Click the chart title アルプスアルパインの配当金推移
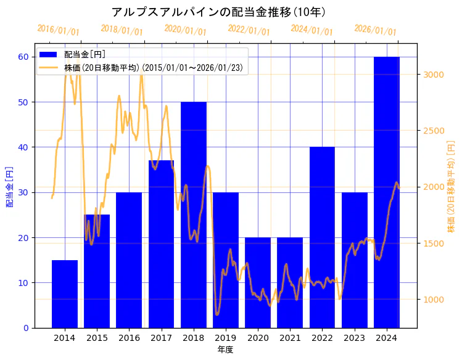219,12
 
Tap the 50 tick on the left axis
23,102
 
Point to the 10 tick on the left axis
23,283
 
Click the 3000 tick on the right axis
434,75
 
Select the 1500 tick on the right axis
434,243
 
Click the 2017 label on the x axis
161,338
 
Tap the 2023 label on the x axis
354,338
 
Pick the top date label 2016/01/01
58,30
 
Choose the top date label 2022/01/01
249,30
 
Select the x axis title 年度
225,350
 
